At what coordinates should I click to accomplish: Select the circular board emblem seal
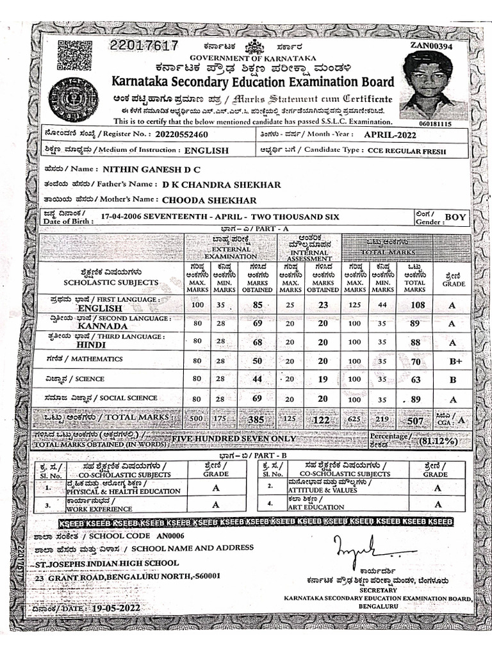tap(73, 99)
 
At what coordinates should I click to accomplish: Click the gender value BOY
tap(455, 217)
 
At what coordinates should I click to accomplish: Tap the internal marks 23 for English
tap(322, 306)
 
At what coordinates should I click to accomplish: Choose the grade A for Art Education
tap(438, 505)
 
